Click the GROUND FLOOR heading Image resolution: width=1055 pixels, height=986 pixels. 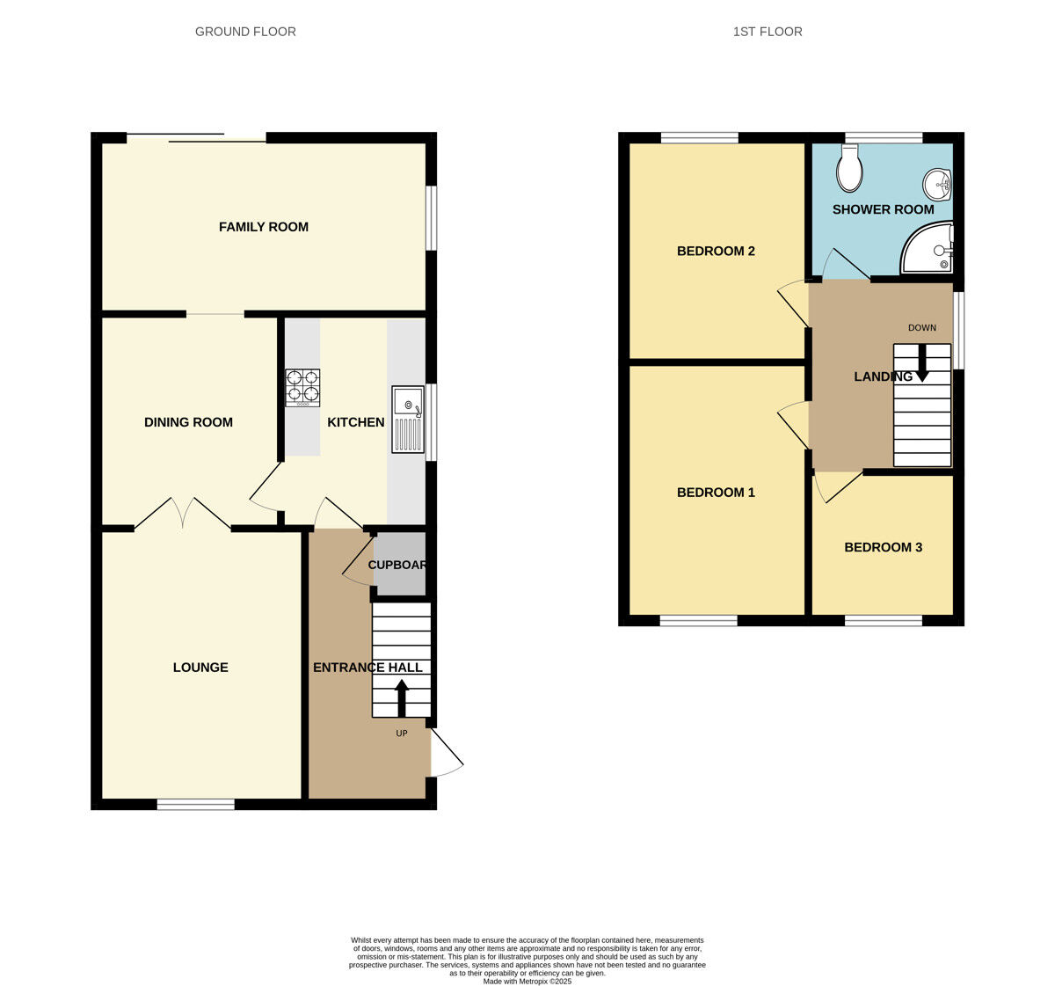[x=245, y=32]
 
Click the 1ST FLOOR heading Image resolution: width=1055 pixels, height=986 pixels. [x=768, y=32]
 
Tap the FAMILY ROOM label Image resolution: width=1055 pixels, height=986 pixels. [x=264, y=227]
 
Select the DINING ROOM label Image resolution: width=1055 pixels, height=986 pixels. [x=188, y=422]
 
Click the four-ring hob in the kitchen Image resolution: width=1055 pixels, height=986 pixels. [x=302, y=387]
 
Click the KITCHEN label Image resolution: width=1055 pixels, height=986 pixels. [x=356, y=422]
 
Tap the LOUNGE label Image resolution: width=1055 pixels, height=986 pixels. [x=200, y=668]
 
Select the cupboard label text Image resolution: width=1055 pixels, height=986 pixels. [x=397, y=565]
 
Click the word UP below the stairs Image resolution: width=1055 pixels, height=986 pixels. [x=402, y=734]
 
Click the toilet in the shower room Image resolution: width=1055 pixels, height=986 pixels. [x=849, y=169]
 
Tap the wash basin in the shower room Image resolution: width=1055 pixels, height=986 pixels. [x=937, y=185]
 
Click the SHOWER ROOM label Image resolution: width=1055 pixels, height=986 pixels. [x=883, y=209]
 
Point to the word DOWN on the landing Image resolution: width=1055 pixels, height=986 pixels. [x=922, y=328]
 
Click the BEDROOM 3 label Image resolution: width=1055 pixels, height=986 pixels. [x=883, y=547]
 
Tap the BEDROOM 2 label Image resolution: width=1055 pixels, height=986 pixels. [x=716, y=252]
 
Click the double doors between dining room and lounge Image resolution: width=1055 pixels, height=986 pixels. [x=183, y=514]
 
